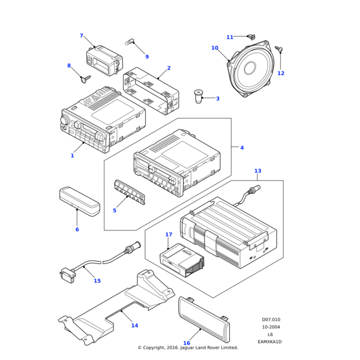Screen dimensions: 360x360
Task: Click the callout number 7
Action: click(82, 36)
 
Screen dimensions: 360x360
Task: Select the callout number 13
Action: click(257, 171)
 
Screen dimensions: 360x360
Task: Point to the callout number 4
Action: click(242, 148)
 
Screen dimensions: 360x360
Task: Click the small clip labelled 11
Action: click(251, 38)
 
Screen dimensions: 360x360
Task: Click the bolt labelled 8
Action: click(85, 77)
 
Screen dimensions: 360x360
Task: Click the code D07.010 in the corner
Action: click(271, 320)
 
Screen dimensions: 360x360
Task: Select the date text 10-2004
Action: click(271, 327)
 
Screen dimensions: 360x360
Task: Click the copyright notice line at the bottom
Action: click(188, 348)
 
